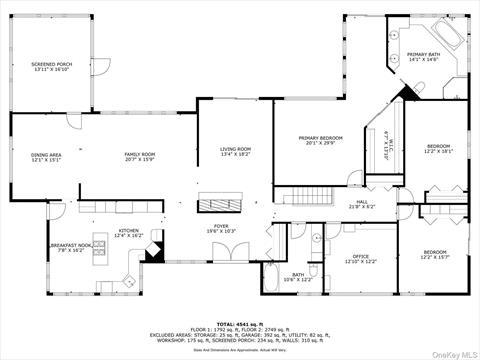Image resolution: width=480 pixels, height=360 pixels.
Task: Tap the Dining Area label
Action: point(46,157)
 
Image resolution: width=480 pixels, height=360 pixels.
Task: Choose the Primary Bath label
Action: point(424,57)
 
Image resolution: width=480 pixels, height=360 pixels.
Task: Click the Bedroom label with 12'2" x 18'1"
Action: point(438,149)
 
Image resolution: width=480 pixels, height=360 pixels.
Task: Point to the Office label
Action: point(360,259)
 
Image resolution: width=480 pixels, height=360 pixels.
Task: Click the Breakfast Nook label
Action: point(71,247)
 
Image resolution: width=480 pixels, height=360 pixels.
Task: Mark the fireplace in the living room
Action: point(218,206)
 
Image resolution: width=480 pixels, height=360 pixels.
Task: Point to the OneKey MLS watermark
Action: point(452,352)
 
